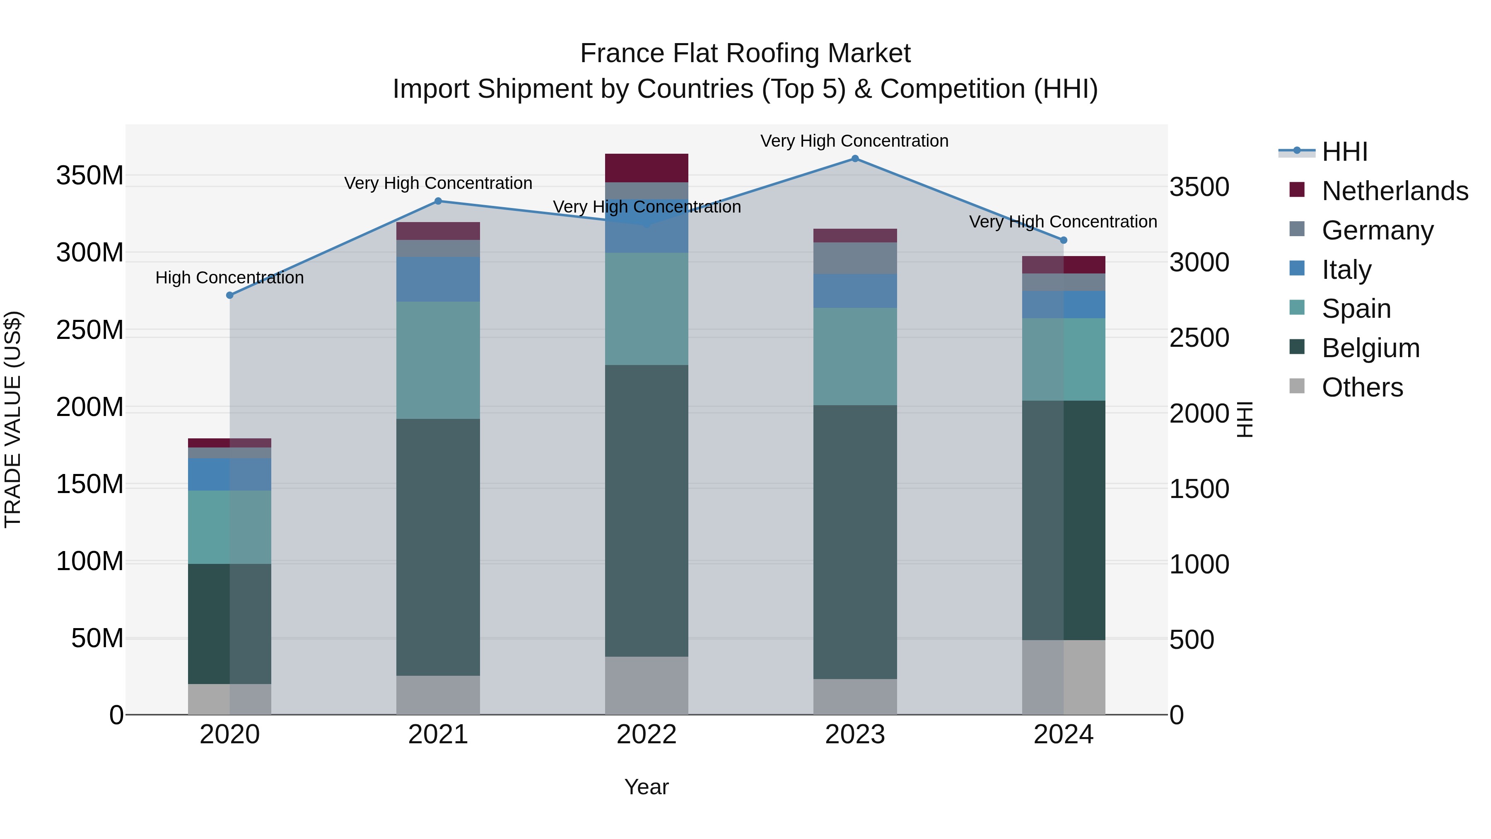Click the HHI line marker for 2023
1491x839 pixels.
[x=855, y=159]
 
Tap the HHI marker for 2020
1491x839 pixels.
[x=230, y=295]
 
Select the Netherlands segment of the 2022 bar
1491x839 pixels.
[x=647, y=168]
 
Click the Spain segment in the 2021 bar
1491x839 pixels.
[x=438, y=360]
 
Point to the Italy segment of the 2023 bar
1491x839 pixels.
[x=855, y=291]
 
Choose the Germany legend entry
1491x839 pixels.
[x=1378, y=230]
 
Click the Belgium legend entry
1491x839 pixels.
[x=1370, y=348]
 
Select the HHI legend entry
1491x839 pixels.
[x=1344, y=152]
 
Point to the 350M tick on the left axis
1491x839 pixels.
[x=90, y=175]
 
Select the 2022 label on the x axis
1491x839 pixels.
[x=647, y=735]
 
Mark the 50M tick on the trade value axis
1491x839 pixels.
[x=97, y=638]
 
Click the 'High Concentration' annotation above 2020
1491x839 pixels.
[x=230, y=278]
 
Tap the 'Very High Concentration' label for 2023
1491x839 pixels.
[x=854, y=141]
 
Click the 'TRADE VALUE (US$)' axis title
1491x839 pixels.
[x=13, y=419]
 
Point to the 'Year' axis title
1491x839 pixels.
[x=647, y=787]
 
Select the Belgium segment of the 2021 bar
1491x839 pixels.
[x=438, y=547]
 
